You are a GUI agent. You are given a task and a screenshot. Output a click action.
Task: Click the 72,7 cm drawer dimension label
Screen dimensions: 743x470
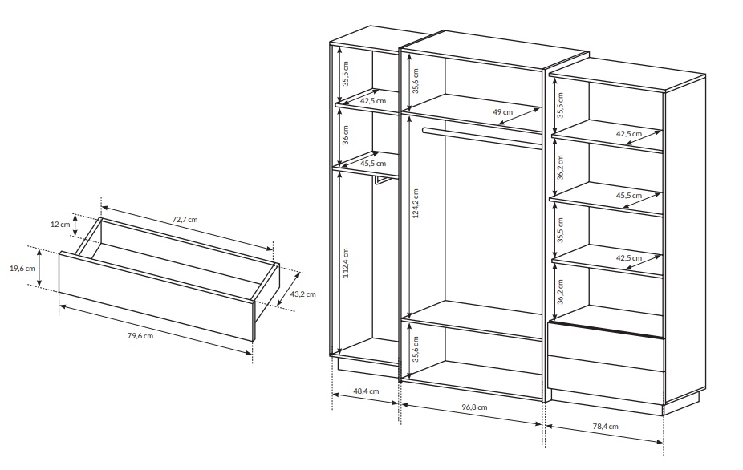pyautogui.click(x=185, y=220)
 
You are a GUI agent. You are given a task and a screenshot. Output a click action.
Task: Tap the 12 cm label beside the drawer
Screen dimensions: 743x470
pyautogui.click(x=60, y=224)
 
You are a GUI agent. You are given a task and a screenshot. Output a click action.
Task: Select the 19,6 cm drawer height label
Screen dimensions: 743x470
pyautogui.click(x=22, y=268)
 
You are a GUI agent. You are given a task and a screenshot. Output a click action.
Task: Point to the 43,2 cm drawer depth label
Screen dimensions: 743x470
pyautogui.click(x=302, y=294)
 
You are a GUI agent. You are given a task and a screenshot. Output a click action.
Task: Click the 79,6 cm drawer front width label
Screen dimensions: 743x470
pyautogui.click(x=140, y=336)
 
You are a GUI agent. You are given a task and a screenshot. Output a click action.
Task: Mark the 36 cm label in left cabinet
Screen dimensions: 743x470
pyautogui.click(x=346, y=135)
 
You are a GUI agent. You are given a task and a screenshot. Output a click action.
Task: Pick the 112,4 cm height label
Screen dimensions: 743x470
pyautogui.click(x=346, y=262)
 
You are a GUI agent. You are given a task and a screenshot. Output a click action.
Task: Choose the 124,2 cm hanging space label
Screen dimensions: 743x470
pyautogui.click(x=416, y=203)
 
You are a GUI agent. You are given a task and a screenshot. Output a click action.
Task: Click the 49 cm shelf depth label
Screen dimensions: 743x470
pyautogui.click(x=503, y=112)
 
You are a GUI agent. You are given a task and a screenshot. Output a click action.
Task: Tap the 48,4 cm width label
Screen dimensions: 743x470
pyautogui.click(x=366, y=391)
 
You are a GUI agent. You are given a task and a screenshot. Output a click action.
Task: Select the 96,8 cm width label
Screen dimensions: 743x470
pyautogui.click(x=474, y=407)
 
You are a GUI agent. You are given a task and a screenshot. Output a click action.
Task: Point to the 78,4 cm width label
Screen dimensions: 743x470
pyautogui.click(x=606, y=426)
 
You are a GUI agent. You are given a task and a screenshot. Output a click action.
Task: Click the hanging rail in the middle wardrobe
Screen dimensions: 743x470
pyautogui.click(x=482, y=137)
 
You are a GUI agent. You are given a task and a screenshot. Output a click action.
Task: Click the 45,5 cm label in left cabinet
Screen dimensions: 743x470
pyautogui.click(x=373, y=164)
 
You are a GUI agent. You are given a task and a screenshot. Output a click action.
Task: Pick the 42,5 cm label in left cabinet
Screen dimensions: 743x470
pyautogui.click(x=373, y=101)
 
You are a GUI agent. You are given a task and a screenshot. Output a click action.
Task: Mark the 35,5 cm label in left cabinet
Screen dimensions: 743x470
pyautogui.click(x=346, y=74)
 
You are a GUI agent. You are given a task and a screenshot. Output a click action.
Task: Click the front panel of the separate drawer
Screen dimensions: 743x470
pyautogui.click(x=156, y=296)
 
